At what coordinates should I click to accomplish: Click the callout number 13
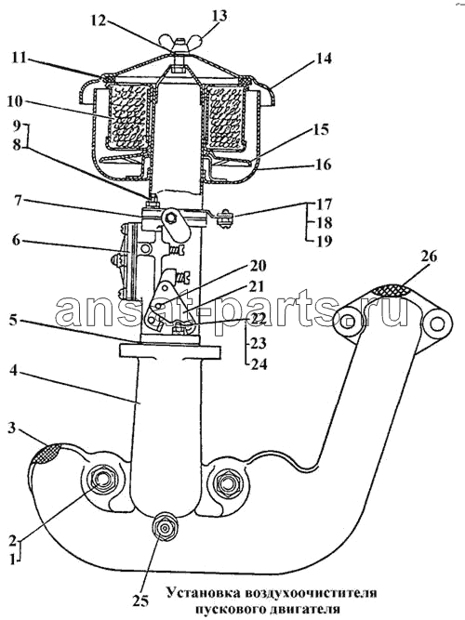pyautogui.click(x=220, y=16)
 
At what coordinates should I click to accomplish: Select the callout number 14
pyautogui.click(x=323, y=59)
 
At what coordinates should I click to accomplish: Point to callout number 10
pyautogui.click(x=16, y=101)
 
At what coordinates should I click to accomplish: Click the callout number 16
pyautogui.click(x=323, y=164)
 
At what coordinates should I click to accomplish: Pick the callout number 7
pyautogui.click(x=16, y=200)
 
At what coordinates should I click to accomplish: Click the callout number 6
pyautogui.click(x=16, y=240)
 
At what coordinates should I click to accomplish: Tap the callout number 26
pyautogui.click(x=429, y=257)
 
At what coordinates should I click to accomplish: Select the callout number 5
pyautogui.click(x=13, y=320)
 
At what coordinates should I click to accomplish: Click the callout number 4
pyautogui.click(x=13, y=371)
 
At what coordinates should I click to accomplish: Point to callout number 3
pyautogui.click(x=12, y=429)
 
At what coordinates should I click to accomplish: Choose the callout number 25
pyautogui.click(x=140, y=601)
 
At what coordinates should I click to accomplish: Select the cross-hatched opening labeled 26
pyautogui.click(x=392, y=290)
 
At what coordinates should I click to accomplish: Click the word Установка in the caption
pyautogui.click(x=202, y=593)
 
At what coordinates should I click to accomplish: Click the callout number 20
pyautogui.click(x=258, y=265)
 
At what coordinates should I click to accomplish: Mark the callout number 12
pyautogui.click(x=98, y=20)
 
